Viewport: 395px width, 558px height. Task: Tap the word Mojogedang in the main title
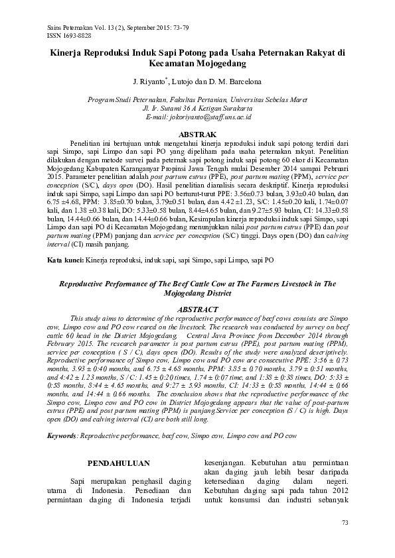221,64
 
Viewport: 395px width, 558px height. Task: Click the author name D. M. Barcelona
238,82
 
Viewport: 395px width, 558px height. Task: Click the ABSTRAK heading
197,135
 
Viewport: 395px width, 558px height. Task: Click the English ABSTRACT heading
197,309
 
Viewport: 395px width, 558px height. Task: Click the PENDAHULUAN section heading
119,462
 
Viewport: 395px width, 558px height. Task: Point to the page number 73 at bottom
344,524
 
